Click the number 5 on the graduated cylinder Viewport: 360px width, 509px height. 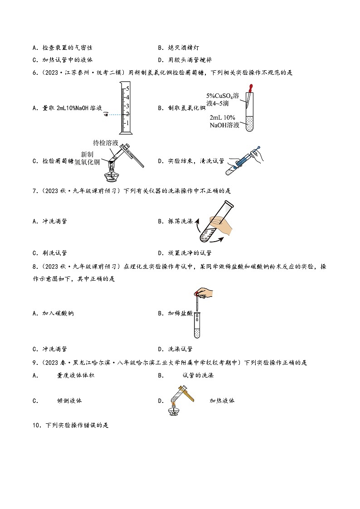point(128,89)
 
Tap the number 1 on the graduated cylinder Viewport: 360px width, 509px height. point(128,123)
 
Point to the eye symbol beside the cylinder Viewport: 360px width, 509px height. point(105,115)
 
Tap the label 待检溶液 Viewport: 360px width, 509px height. point(106,143)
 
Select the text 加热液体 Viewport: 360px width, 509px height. point(222,401)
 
